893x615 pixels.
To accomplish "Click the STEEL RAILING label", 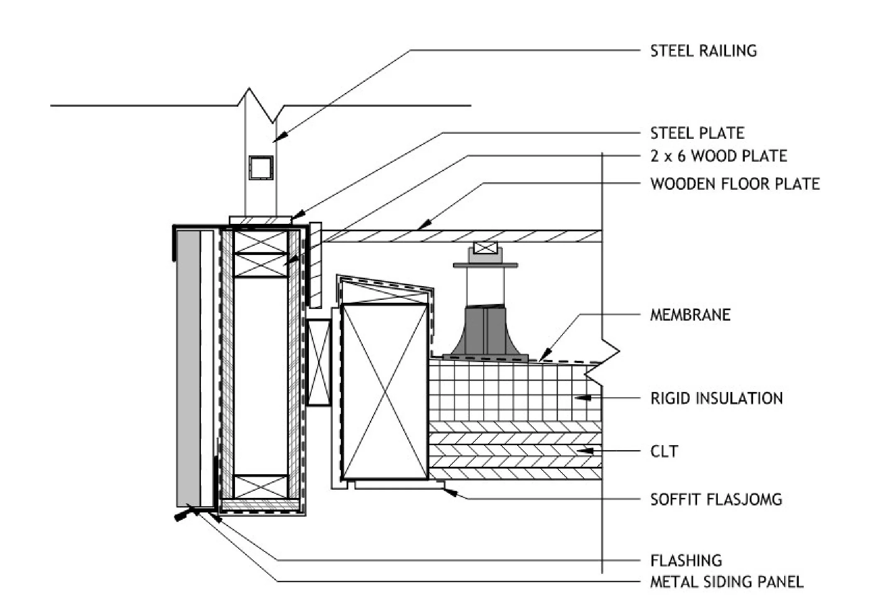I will [x=703, y=51].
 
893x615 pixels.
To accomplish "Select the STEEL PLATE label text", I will [x=697, y=133].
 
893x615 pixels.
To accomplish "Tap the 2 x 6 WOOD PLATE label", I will [x=718, y=156].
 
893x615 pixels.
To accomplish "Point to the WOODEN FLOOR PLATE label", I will [x=735, y=184].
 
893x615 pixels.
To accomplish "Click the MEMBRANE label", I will [x=690, y=315].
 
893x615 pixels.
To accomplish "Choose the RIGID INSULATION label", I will [x=716, y=398].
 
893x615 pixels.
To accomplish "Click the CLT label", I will [x=664, y=451].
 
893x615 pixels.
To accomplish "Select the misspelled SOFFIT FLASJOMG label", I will [x=716, y=499].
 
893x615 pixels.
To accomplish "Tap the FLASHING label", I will [x=686, y=561].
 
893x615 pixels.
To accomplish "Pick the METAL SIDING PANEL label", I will [x=727, y=582].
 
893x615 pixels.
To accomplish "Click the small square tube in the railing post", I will [x=261, y=168].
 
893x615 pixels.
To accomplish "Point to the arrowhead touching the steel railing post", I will [x=280, y=137].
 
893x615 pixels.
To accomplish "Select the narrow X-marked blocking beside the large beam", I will [x=319, y=362].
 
